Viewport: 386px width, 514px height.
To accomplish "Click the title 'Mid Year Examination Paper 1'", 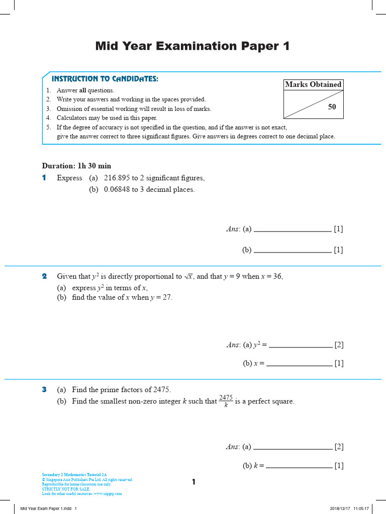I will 192,46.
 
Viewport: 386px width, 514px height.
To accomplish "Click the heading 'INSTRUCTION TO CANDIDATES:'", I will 105,79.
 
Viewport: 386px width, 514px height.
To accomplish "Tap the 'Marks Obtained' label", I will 313,84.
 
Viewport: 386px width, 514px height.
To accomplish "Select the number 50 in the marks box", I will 332,107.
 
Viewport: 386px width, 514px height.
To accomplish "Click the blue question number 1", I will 44,178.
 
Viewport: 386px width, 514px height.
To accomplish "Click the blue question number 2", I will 44,276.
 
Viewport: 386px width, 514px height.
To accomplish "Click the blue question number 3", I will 44,390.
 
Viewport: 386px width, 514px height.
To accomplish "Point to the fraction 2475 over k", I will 226,401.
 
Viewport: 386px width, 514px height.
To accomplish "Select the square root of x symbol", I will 189,277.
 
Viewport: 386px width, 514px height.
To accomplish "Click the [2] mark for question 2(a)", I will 339,345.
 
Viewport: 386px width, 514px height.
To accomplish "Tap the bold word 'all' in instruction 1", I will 83,90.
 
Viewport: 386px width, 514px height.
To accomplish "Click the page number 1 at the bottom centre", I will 194,482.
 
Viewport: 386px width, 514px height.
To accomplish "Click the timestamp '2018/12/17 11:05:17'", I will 349,508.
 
